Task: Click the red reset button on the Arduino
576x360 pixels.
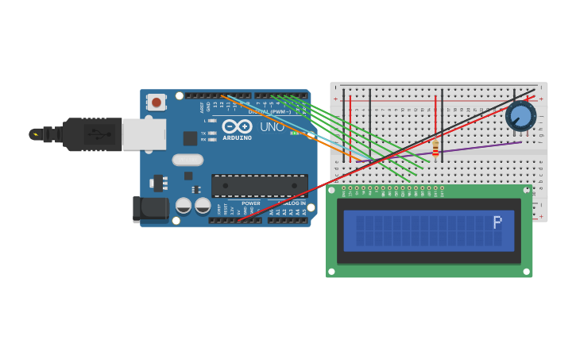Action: point(157,102)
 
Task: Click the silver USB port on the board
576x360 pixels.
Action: point(144,134)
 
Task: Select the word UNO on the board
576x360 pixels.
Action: point(272,126)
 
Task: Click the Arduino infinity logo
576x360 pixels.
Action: point(237,126)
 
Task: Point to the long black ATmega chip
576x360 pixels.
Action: point(259,186)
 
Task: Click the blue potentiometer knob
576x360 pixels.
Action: point(520,116)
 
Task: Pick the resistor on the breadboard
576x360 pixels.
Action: point(435,147)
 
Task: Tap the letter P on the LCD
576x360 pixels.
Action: point(497,223)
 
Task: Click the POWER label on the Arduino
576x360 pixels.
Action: point(251,203)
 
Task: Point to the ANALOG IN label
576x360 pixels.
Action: point(291,203)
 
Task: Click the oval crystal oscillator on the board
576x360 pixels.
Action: point(187,160)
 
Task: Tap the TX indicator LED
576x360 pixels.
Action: point(212,133)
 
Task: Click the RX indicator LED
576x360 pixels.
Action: point(212,139)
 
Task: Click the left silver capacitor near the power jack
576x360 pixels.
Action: point(184,206)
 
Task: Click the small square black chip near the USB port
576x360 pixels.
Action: point(190,138)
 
